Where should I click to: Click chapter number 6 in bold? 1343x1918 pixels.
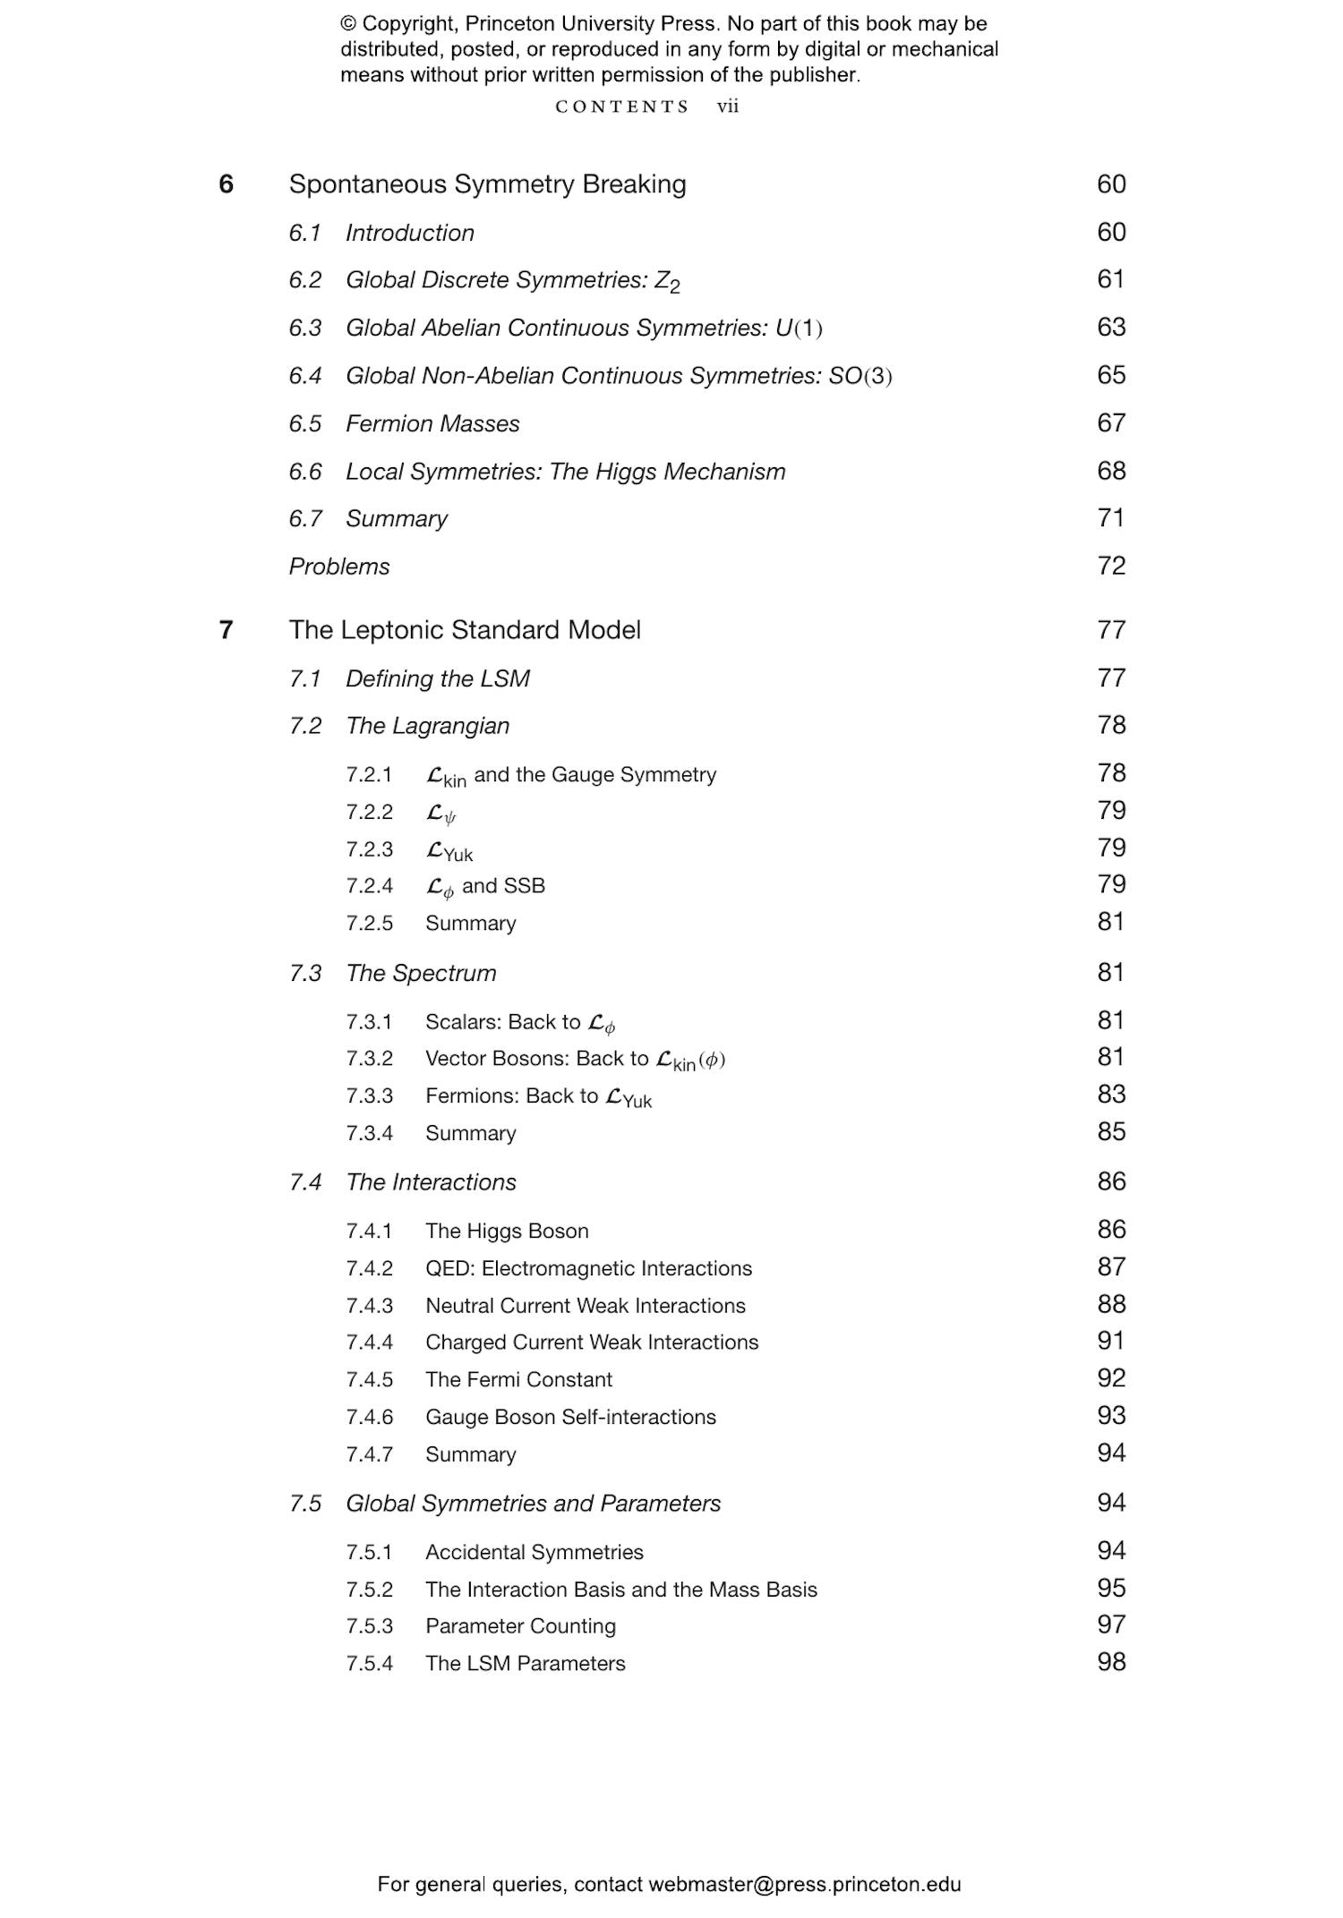[x=227, y=184]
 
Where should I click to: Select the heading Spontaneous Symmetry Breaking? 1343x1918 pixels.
[x=487, y=184]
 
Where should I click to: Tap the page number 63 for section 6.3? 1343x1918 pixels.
[x=1110, y=328]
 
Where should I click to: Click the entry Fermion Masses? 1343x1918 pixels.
[x=432, y=423]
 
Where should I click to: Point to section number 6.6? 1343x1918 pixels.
[x=305, y=472]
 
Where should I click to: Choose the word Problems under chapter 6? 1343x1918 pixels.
[x=339, y=567]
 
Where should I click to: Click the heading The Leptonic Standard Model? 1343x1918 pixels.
[x=465, y=630]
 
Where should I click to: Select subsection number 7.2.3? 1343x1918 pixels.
[x=369, y=849]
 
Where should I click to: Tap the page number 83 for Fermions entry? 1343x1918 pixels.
[x=1110, y=1095]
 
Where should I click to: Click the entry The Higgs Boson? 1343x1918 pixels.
[x=507, y=1231]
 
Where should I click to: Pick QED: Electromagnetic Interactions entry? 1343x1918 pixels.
[x=588, y=1268]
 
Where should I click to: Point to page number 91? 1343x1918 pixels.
[x=1110, y=1341]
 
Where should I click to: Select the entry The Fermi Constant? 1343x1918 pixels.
[x=518, y=1379]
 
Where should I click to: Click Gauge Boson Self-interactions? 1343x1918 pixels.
[x=570, y=1417]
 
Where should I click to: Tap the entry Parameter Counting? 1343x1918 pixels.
[x=520, y=1626]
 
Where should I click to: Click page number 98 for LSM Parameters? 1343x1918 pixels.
[x=1110, y=1662]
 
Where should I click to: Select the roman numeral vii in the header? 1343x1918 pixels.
[x=727, y=107]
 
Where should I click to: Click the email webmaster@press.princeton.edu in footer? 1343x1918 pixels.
[x=804, y=1884]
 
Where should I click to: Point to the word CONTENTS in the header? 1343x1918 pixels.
[x=621, y=107]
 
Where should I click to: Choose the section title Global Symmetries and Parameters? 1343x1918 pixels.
[x=533, y=1504]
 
